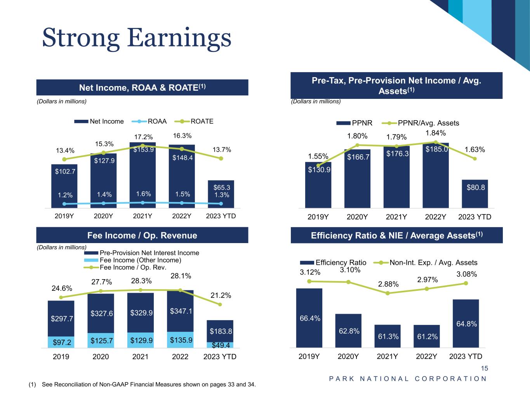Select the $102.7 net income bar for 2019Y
(64, 186)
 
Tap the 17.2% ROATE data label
(144, 137)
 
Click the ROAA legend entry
(157, 121)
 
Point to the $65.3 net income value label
(221, 188)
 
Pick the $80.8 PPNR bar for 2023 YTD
(474, 194)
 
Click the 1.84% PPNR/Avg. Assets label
(436, 133)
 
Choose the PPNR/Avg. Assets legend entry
(428, 123)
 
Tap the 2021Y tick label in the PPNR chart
(396, 217)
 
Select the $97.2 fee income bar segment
(61, 342)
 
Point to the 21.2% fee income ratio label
(221, 295)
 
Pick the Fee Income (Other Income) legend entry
(140, 260)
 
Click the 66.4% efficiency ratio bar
(309, 318)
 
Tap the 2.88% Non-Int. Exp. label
(388, 284)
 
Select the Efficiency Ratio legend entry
(341, 262)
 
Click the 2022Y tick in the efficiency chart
(426, 356)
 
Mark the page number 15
(484, 368)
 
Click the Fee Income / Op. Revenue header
(142, 235)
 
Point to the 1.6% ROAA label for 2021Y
(143, 194)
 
